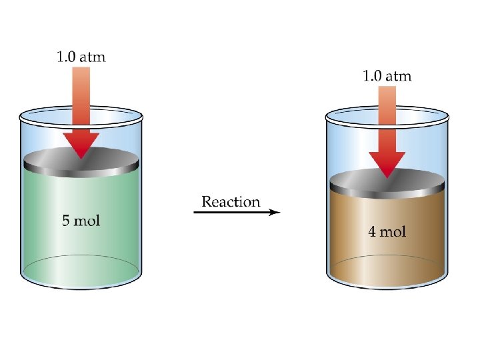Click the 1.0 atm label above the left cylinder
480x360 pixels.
coord(80,57)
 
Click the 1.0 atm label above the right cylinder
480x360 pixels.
coord(387,75)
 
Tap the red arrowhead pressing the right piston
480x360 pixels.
coord(387,164)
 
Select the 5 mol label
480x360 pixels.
coord(81,221)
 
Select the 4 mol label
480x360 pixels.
coord(387,232)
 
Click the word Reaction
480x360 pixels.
coord(231,201)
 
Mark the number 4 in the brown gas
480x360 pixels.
coord(372,232)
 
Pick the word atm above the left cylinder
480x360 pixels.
coord(93,57)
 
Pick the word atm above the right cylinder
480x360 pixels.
coord(399,75)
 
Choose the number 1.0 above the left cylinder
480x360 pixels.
coord(65,57)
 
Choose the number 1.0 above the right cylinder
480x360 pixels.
coord(372,75)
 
